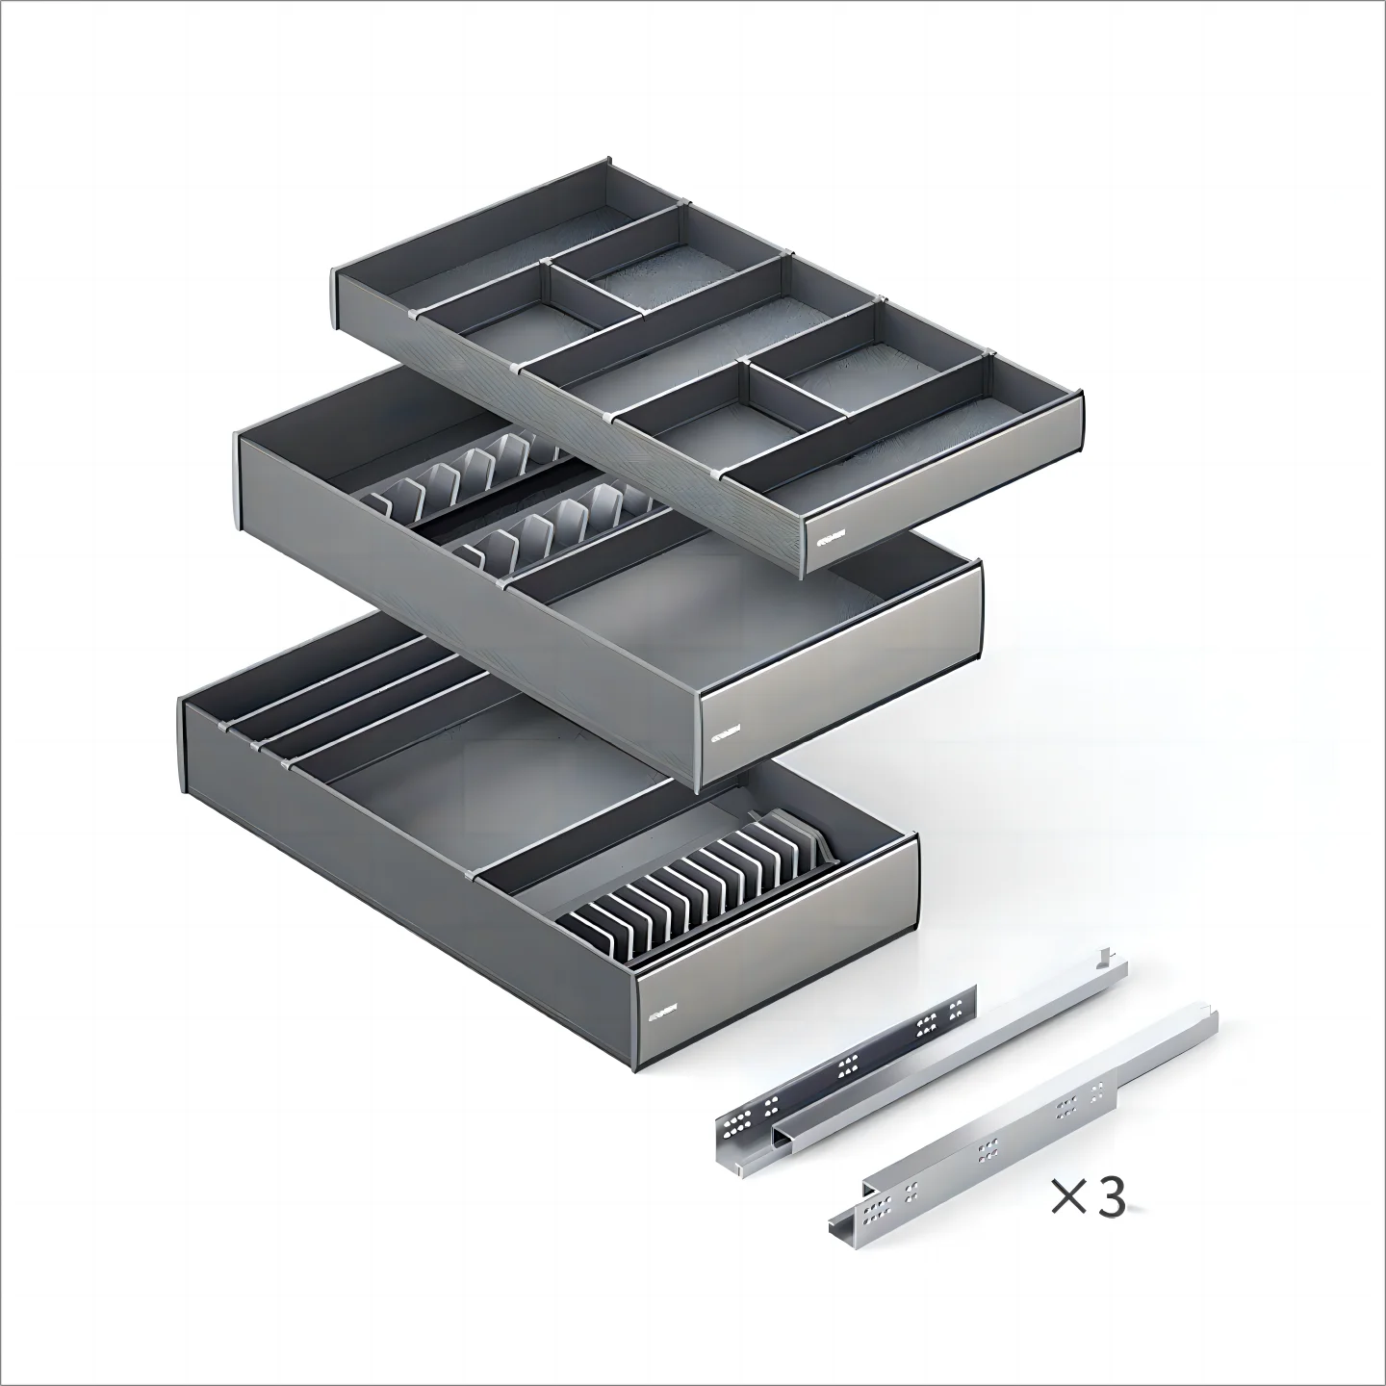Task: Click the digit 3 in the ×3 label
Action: [x=1111, y=1198]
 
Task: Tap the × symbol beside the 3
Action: [x=1069, y=1198]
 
